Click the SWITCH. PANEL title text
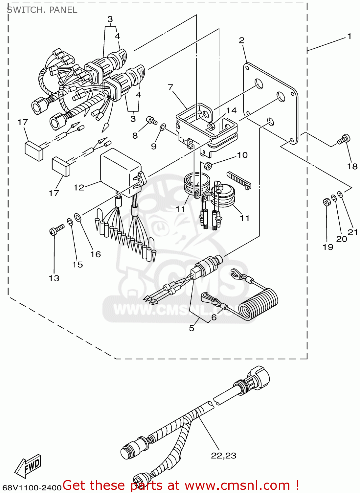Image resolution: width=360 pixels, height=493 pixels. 42,10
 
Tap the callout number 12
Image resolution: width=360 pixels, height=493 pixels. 79,188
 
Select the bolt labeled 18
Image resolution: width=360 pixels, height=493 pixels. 344,139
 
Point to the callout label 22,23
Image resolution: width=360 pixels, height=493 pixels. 223,456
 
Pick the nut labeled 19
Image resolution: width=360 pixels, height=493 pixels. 326,202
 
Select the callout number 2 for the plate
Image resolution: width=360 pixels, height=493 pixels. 241,40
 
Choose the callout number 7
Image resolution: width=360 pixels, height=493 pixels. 170,87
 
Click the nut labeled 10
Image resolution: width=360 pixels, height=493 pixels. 208,165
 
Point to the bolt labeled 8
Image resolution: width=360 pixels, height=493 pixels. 151,120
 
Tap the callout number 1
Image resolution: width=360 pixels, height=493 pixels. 349,36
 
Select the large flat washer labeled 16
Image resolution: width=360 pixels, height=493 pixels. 78,217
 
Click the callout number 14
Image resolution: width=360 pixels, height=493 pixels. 231,110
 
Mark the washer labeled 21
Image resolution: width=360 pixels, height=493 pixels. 340,195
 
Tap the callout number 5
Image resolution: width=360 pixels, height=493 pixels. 191,328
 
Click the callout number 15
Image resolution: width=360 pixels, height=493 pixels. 78,265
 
